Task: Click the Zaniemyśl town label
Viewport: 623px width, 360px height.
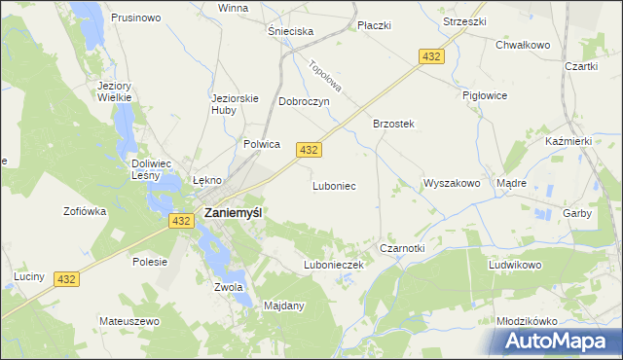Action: [232, 212]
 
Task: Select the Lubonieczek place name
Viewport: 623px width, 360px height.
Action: [333, 265]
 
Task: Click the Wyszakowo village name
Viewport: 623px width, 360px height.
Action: [452, 183]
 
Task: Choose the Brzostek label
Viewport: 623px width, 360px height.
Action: [393, 124]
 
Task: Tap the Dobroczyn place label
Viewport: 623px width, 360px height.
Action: [305, 101]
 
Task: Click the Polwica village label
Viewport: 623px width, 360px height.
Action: [262, 144]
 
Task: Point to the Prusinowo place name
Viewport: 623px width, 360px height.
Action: [135, 18]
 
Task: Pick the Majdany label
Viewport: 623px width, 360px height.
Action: [284, 306]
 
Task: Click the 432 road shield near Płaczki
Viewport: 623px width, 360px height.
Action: [432, 57]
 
